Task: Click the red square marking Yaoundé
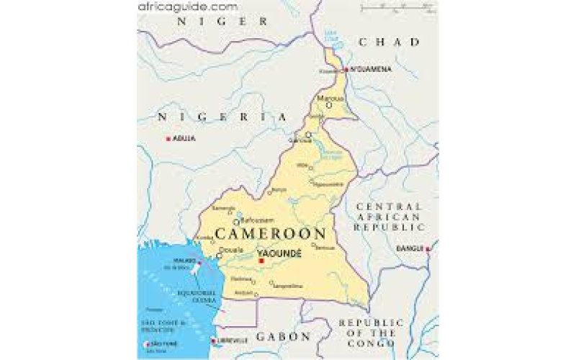[x=260, y=261]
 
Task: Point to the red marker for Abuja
[x=168, y=138]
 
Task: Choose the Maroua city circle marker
[x=329, y=105]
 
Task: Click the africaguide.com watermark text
[x=187, y=6]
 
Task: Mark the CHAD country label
[x=389, y=42]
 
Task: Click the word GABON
[x=284, y=336]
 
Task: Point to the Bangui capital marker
[x=428, y=250]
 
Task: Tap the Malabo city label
[x=181, y=261]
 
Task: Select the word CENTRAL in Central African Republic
[x=388, y=207]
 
